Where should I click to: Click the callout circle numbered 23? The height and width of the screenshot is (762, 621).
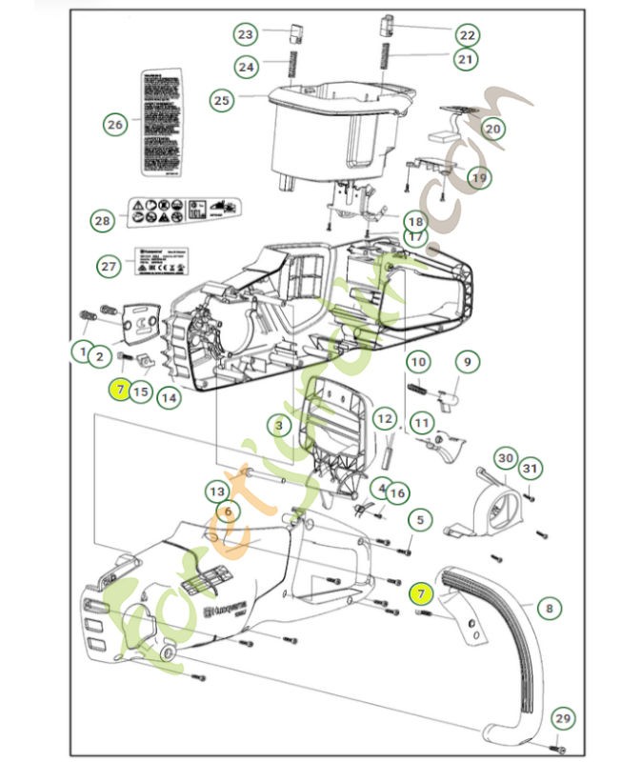pyautogui.click(x=246, y=35)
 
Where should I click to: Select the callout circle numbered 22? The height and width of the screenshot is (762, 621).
pyautogui.click(x=466, y=35)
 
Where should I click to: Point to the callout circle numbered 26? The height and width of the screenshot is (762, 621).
pyautogui.click(x=115, y=124)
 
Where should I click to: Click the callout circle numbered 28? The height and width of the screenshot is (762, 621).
pyautogui.click(x=102, y=220)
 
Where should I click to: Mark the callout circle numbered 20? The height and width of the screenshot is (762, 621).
pyautogui.click(x=492, y=128)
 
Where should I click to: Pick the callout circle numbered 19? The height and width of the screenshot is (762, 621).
pyautogui.click(x=478, y=176)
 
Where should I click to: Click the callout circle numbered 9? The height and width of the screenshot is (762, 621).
pyautogui.click(x=467, y=362)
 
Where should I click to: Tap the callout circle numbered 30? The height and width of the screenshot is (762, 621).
pyautogui.click(x=505, y=458)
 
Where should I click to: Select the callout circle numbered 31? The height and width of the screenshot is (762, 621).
pyautogui.click(x=531, y=468)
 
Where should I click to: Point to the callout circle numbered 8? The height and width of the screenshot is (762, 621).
pyautogui.click(x=549, y=606)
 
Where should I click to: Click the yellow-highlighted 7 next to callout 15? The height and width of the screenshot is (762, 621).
pyautogui.click(x=119, y=390)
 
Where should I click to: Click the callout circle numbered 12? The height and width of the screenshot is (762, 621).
pyautogui.click(x=384, y=418)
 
